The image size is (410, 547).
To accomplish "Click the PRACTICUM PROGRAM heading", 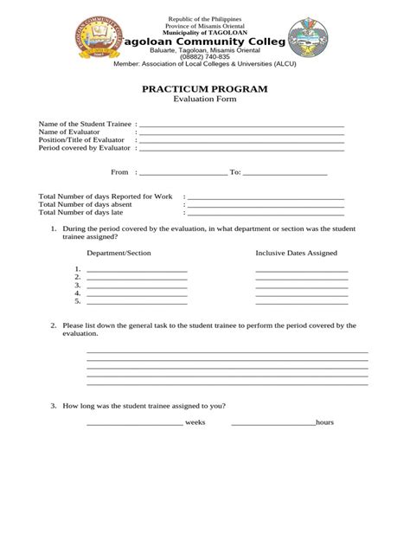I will click(205, 89).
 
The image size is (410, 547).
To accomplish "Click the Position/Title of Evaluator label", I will click(83, 140).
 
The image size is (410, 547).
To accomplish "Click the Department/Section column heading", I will click(119, 253).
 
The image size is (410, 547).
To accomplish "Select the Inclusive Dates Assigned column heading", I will click(296, 253).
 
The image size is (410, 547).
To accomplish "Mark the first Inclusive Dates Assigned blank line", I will click(301, 272).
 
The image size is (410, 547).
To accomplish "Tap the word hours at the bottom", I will click(324, 422).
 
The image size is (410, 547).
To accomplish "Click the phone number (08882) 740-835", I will click(205, 57).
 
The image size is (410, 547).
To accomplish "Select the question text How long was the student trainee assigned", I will click(143, 405).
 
